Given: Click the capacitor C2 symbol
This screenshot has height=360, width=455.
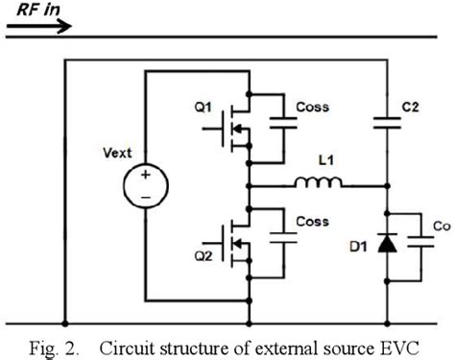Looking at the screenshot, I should pyautogui.click(x=388, y=122).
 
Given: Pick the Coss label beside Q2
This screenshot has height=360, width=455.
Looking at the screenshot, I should pyautogui.click(x=312, y=222).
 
